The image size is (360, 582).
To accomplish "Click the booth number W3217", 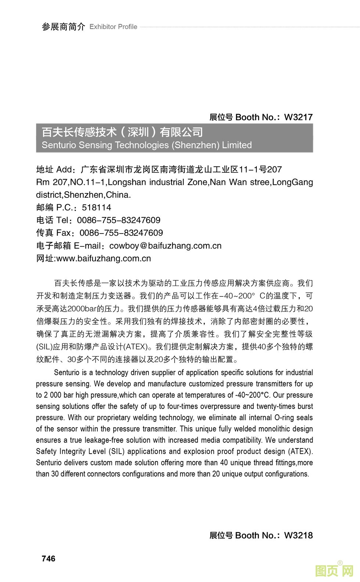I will [x=298, y=117].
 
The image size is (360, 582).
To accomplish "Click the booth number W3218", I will [x=298, y=535].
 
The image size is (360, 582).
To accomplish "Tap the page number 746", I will [x=48, y=558].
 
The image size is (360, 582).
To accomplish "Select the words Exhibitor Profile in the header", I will [x=113, y=27].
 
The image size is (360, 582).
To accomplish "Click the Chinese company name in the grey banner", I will [x=122, y=132].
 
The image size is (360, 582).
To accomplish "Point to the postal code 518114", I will [x=96, y=207].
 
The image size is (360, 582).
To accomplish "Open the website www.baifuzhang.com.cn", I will [x=104, y=258].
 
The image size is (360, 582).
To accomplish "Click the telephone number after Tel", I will [x=119, y=220].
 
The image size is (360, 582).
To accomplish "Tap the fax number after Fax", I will [x=121, y=233].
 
